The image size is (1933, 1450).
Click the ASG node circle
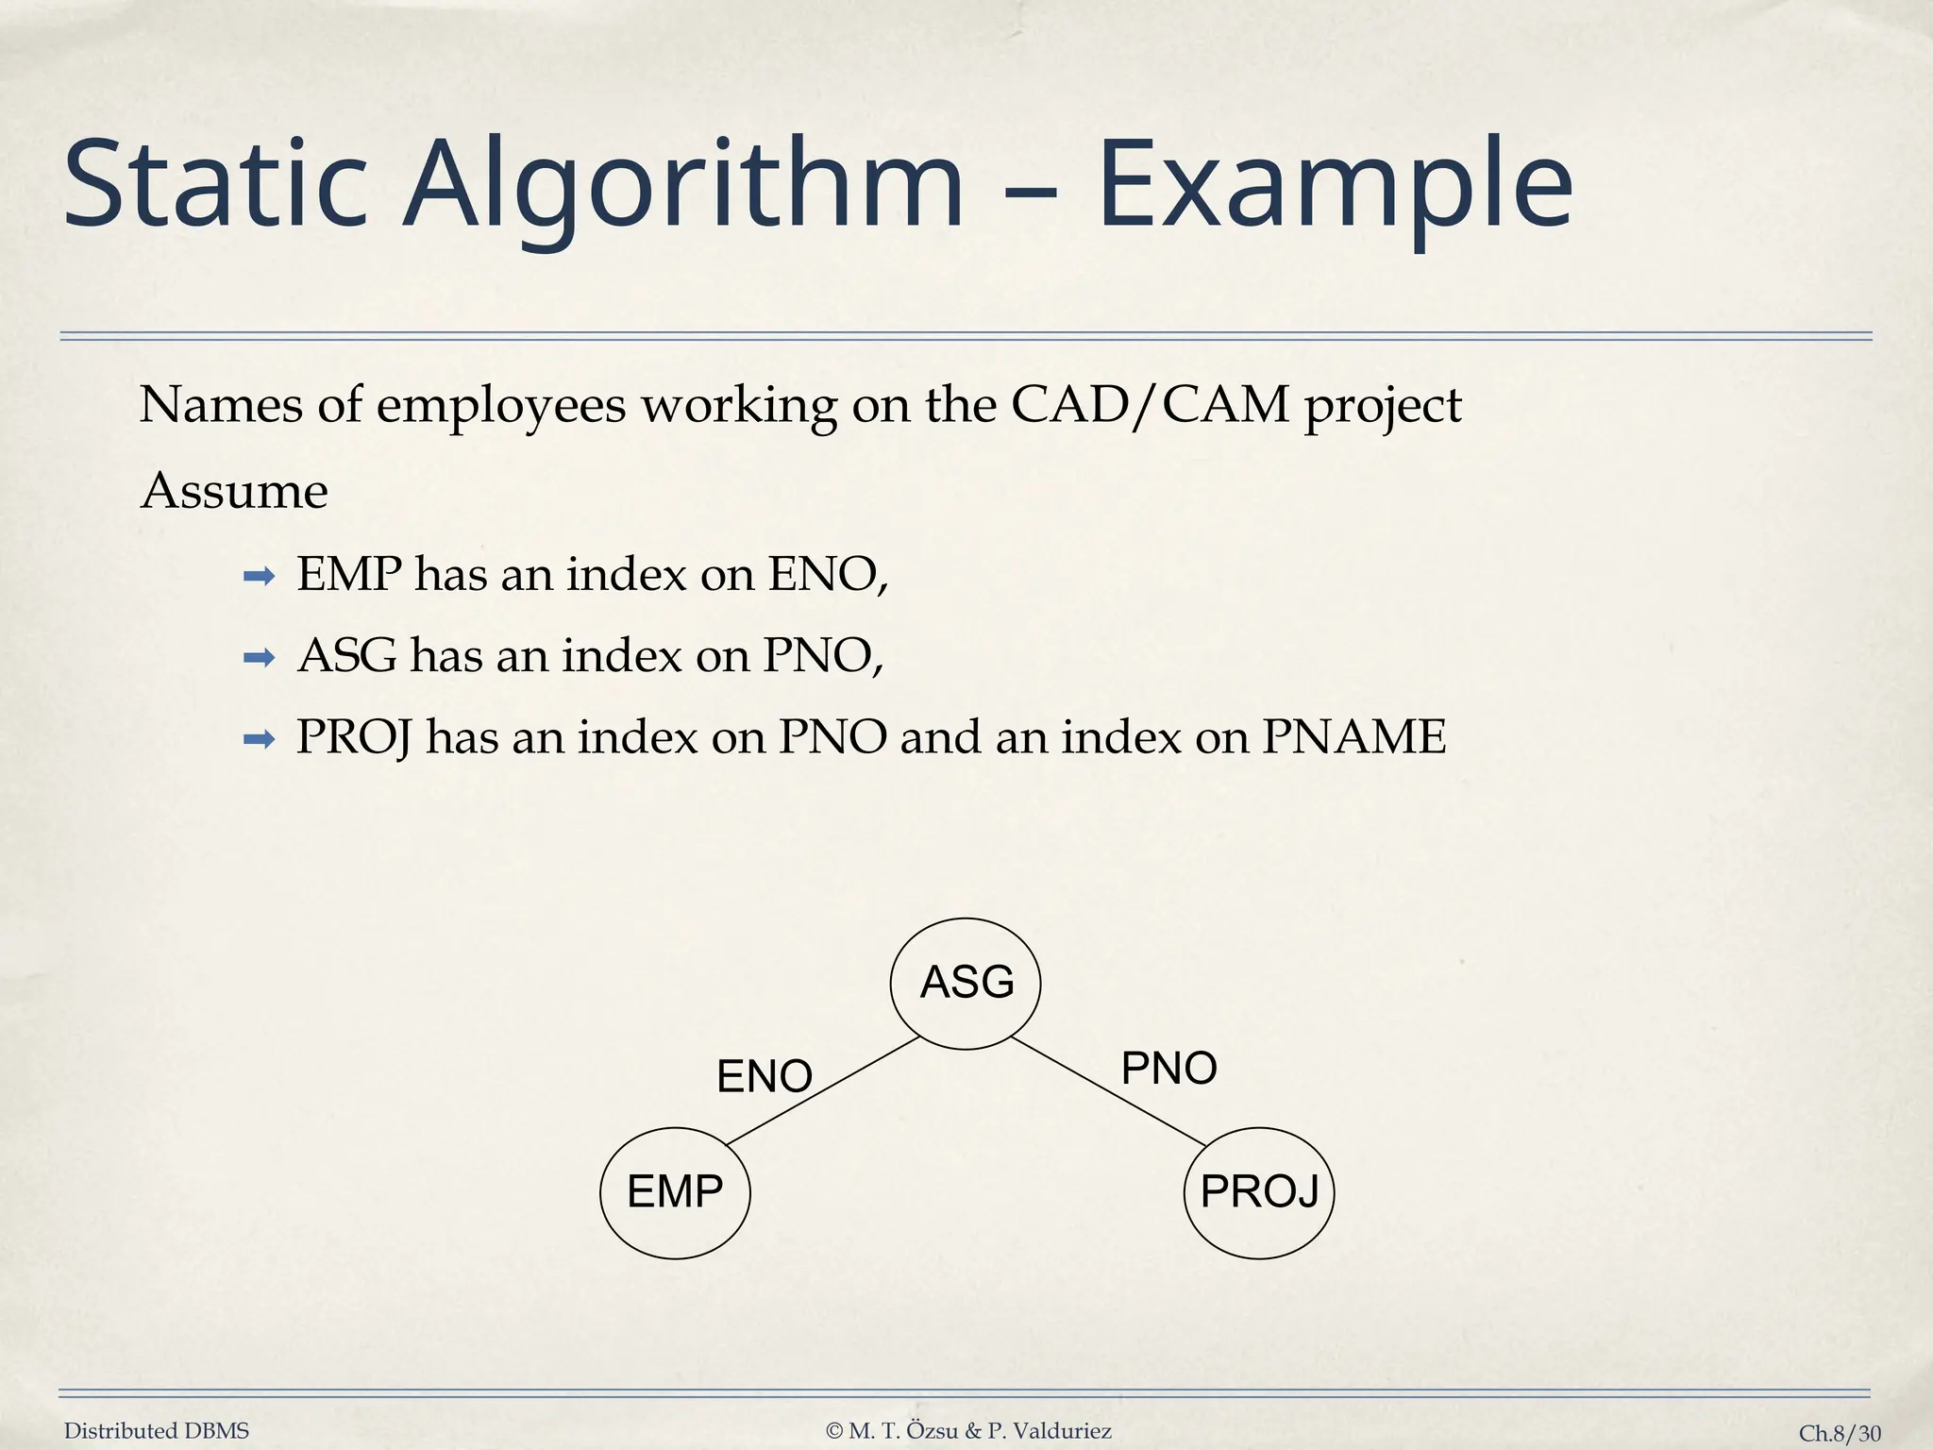[x=966, y=983]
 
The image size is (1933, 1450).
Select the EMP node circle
[x=675, y=1192]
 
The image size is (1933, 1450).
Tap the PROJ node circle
[x=1259, y=1192]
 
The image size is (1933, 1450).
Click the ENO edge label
[x=765, y=1076]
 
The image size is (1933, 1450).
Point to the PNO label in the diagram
[x=1168, y=1069]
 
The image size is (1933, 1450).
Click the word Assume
[x=234, y=492]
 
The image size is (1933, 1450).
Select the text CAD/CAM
[x=1150, y=405]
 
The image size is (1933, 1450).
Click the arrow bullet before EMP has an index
[x=259, y=576]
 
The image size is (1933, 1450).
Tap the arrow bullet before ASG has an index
[x=259, y=657]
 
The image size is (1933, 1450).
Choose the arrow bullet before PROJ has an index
[x=259, y=739]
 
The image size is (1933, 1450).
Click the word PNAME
[x=1353, y=737]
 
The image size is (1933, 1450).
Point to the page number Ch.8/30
[x=1839, y=1433]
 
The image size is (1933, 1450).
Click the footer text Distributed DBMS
[x=157, y=1431]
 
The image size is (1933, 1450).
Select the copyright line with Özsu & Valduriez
[x=968, y=1431]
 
